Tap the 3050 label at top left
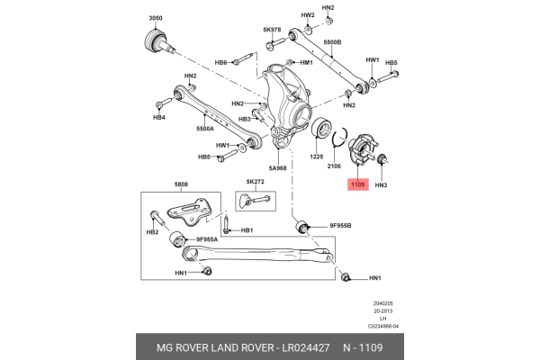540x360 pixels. point(156,18)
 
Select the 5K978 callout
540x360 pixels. point(273,30)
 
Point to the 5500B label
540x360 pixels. point(332,42)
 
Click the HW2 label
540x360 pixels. point(308,15)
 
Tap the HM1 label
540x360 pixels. point(306,63)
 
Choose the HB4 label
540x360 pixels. point(159,117)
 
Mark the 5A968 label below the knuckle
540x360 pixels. point(277,167)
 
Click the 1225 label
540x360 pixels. point(317,157)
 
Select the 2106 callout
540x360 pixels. point(334,166)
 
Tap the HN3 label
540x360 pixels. point(381,184)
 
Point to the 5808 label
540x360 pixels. point(181,185)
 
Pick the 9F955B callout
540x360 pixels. point(340,226)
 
